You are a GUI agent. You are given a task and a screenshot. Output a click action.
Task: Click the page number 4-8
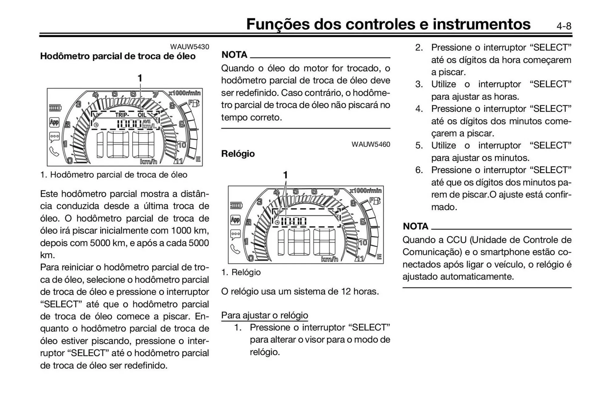coord(564,26)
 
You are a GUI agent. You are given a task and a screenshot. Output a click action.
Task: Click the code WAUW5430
coord(190,47)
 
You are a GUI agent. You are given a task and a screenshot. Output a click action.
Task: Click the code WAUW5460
coord(371,144)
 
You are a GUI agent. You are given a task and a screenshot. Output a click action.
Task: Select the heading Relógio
coord(238,154)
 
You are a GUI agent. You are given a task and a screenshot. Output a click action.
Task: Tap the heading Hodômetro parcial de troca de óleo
coord(118,56)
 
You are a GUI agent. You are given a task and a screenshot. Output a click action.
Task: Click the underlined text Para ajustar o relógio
coord(264,315)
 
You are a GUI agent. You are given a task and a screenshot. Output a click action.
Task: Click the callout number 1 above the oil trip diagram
coord(140,78)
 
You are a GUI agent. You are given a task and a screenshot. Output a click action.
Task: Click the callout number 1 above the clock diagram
coord(285,175)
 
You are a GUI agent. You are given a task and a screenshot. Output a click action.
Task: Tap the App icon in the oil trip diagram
coord(54,122)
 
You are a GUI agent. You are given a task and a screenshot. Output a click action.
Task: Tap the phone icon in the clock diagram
coord(235,249)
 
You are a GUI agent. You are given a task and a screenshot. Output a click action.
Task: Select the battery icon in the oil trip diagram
coord(55,108)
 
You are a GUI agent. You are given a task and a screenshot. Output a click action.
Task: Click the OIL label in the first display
coord(142,115)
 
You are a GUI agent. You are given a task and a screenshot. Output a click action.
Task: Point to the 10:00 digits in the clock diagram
coord(293,221)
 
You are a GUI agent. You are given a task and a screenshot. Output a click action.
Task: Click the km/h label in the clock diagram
coord(329,259)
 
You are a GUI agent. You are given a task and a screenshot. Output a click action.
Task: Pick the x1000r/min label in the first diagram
coord(185,93)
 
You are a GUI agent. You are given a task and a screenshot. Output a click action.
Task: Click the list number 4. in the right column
coord(419,109)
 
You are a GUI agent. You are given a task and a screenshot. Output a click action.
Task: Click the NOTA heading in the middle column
coord(234,55)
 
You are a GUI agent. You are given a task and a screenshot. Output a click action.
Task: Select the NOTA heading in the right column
coord(415,226)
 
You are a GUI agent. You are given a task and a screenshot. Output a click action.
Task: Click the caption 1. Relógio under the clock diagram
coord(241,272)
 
